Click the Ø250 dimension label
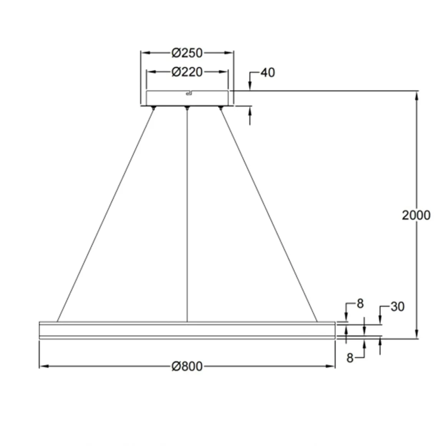tap(187, 53)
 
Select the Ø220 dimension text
tap(187, 72)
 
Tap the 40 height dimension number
tap(268, 73)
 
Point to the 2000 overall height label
tap(416, 215)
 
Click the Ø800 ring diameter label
tap(187, 366)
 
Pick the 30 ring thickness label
tap(398, 307)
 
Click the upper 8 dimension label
tap(360, 304)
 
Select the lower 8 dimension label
tap(349, 358)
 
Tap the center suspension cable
tap(187, 215)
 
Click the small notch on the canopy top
tap(188, 92)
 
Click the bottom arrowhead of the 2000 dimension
tap(416, 335)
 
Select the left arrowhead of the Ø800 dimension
tap(43, 366)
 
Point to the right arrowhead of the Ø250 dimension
tap(230, 53)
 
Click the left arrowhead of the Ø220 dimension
tap(151, 72)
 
